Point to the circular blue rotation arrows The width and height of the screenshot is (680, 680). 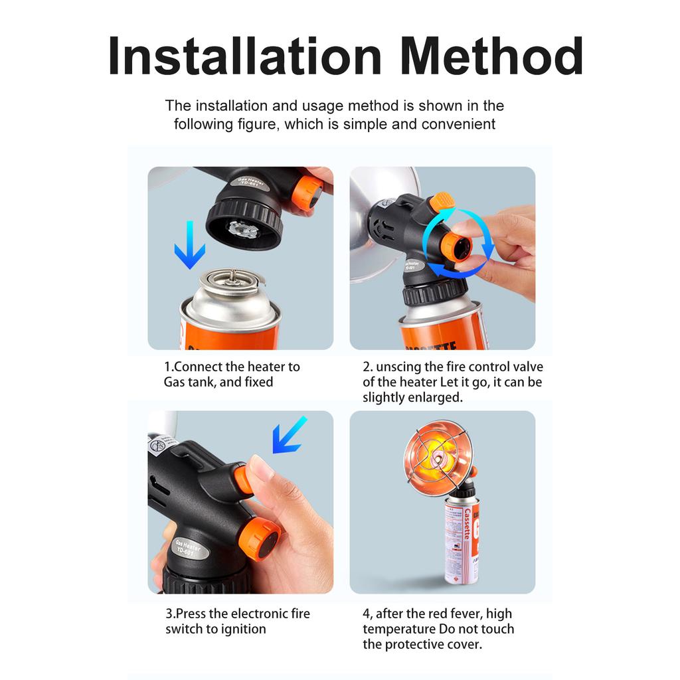point(458,243)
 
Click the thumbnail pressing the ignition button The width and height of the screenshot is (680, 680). point(261,467)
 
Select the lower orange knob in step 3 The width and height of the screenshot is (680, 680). point(260,539)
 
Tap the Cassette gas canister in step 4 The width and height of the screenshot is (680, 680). point(462,541)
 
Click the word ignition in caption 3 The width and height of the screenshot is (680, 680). point(244,629)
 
